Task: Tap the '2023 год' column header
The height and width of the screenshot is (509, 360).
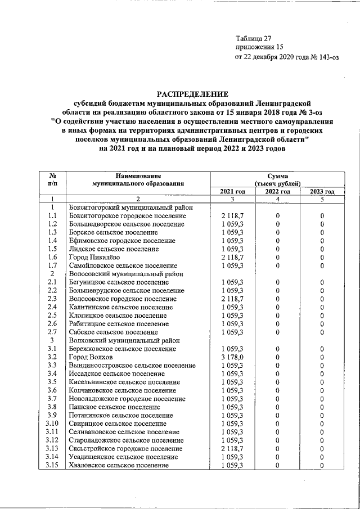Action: pyautogui.click(x=322, y=192)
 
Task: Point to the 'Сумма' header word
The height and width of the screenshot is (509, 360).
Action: pyautogui.click(x=277, y=176)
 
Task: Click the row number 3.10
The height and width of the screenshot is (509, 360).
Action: pyautogui.click(x=52, y=423)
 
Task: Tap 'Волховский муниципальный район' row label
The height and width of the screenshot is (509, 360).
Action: pyautogui.click(x=124, y=340)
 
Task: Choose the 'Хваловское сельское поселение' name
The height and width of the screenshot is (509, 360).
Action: pyautogui.click(x=119, y=466)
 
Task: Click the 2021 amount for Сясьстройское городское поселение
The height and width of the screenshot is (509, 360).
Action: pyautogui.click(x=232, y=448)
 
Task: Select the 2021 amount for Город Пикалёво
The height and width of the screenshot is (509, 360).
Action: pyautogui.click(x=232, y=256)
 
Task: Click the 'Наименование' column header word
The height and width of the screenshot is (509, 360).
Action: pyautogui.click(x=131, y=176)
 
